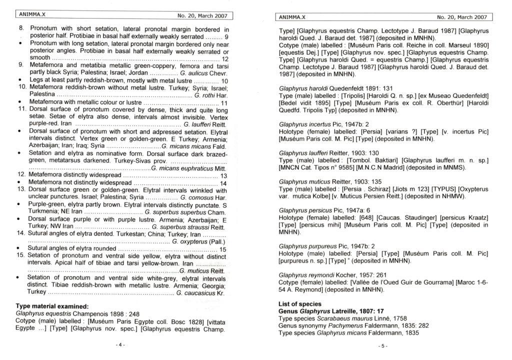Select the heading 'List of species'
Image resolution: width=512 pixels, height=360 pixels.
point(300,304)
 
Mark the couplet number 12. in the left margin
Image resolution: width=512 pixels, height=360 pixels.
point(21,175)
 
